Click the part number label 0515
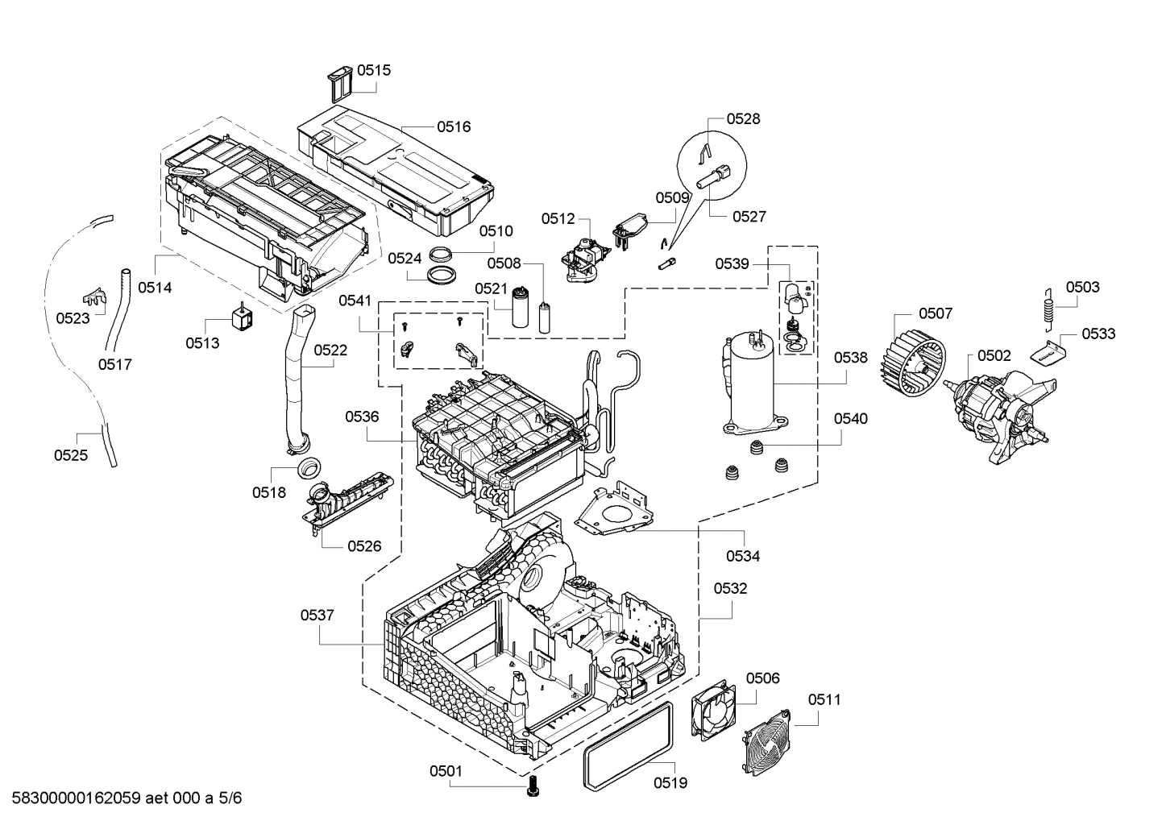[x=374, y=70]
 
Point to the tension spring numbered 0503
[x=1048, y=309]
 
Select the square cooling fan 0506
[x=713, y=709]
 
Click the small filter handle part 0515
[x=339, y=83]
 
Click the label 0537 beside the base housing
[x=317, y=616]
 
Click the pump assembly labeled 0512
[x=583, y=260]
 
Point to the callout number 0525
[x=71, y=455]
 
